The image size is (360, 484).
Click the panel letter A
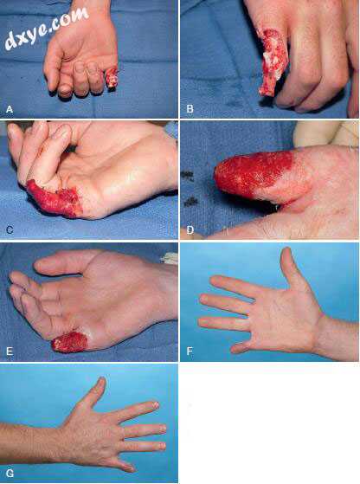[10, 109]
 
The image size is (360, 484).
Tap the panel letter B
[190, 108]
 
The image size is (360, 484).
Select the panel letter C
[10, 229]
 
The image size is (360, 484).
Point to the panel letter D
[190, 230]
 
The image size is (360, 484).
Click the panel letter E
[10, 352]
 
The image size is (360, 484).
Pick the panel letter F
[190, 352]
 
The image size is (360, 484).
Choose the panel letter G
[10, 474]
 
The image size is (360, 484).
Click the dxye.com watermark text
[46, 29]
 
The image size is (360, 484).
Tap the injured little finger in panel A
[112, 78]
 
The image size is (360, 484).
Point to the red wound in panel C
[53, 198]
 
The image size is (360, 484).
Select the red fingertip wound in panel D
[253, 174]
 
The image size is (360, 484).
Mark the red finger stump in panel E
[70, 342]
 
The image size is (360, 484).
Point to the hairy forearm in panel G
[31, 442]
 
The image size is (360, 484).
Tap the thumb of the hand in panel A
[52, 68]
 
